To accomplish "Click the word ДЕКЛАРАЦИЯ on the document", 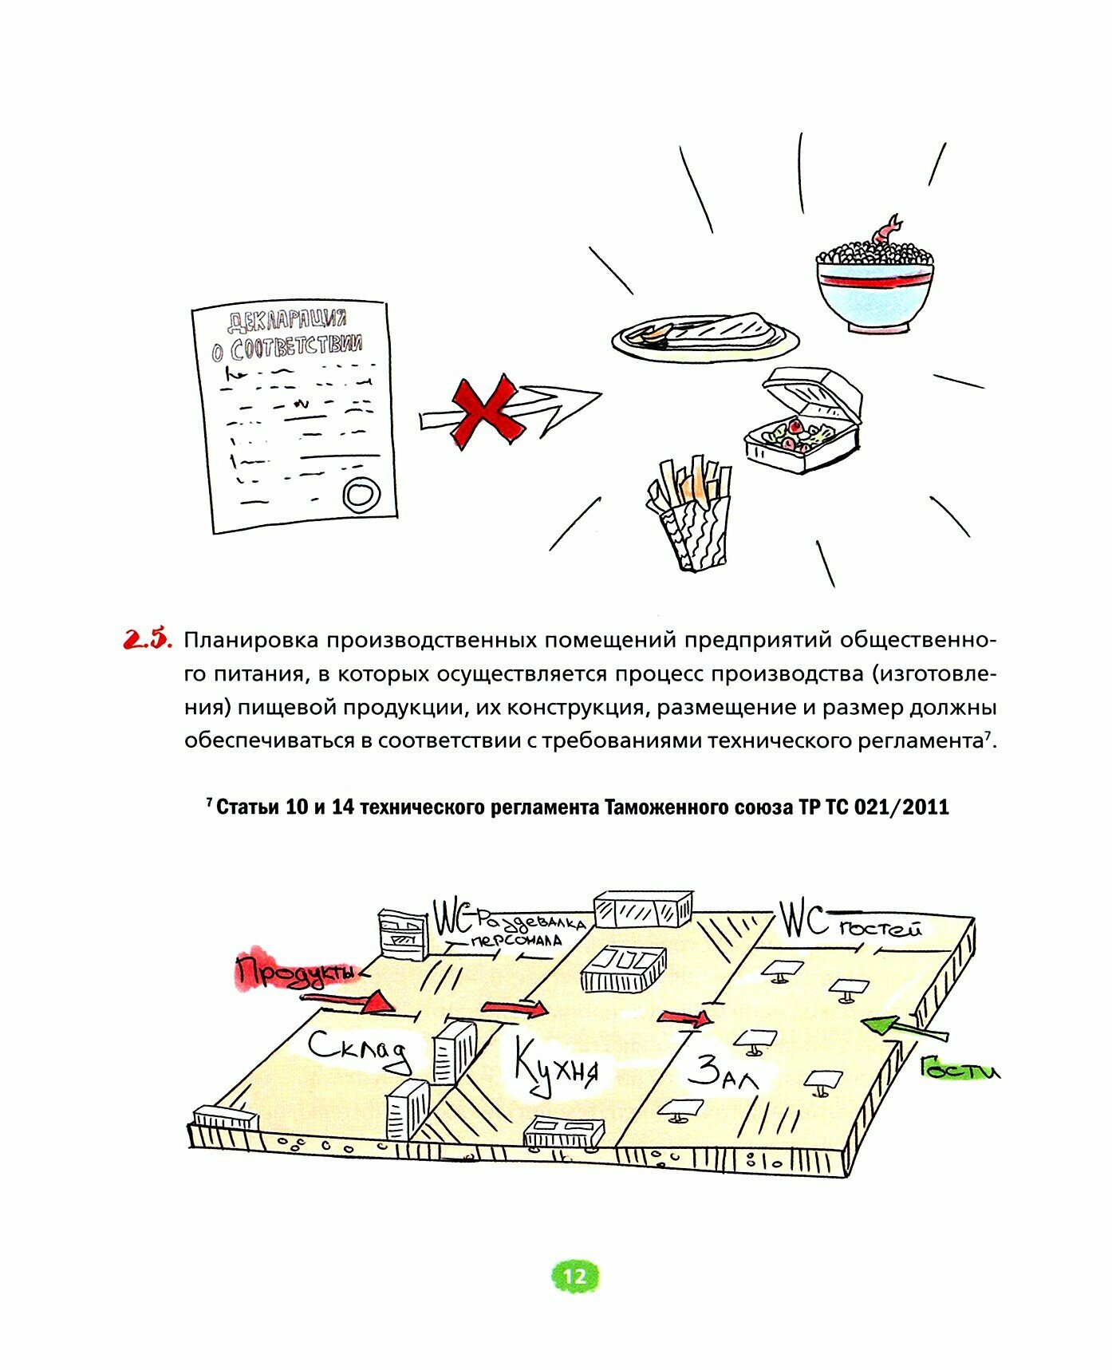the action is point(287,321).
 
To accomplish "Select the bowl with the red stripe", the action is point(875,291).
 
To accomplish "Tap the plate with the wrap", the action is point(705,335).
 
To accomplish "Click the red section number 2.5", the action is point(147,639).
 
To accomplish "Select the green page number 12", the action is point(574,1277).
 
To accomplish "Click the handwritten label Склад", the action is point(359,1050).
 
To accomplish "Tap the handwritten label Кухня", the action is point(556,1065).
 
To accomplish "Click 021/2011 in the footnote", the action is point(901,807).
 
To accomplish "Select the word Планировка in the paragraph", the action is point(251,640).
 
